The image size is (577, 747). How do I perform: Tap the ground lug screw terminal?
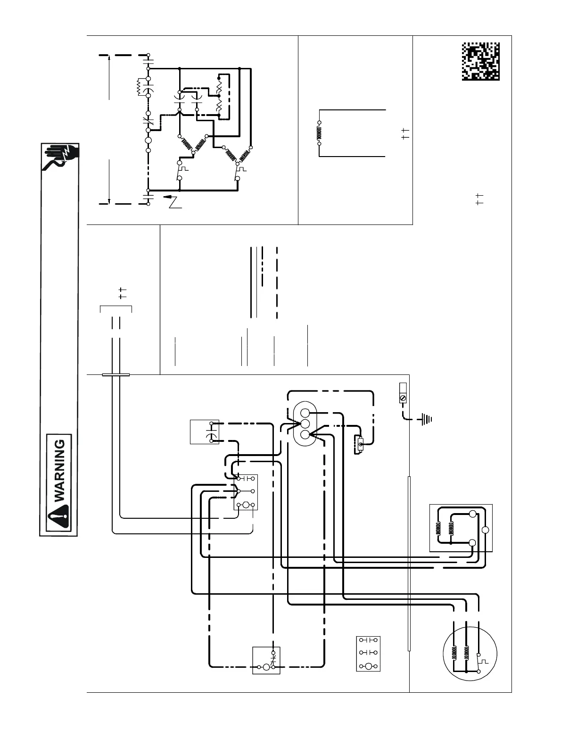coord(403,398)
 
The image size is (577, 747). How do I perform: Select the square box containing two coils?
coord(461,528)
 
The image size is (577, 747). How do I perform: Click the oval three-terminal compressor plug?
coord(305,423)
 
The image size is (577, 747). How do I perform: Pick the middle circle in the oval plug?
coord(305,423)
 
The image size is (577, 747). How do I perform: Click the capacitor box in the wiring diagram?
coord(205,432)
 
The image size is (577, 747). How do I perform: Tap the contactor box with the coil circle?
coord(246,492)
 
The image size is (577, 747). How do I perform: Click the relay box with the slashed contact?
coord(266,660)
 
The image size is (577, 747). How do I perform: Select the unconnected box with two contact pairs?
coord(368,654)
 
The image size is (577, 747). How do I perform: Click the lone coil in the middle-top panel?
coord(319,133)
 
